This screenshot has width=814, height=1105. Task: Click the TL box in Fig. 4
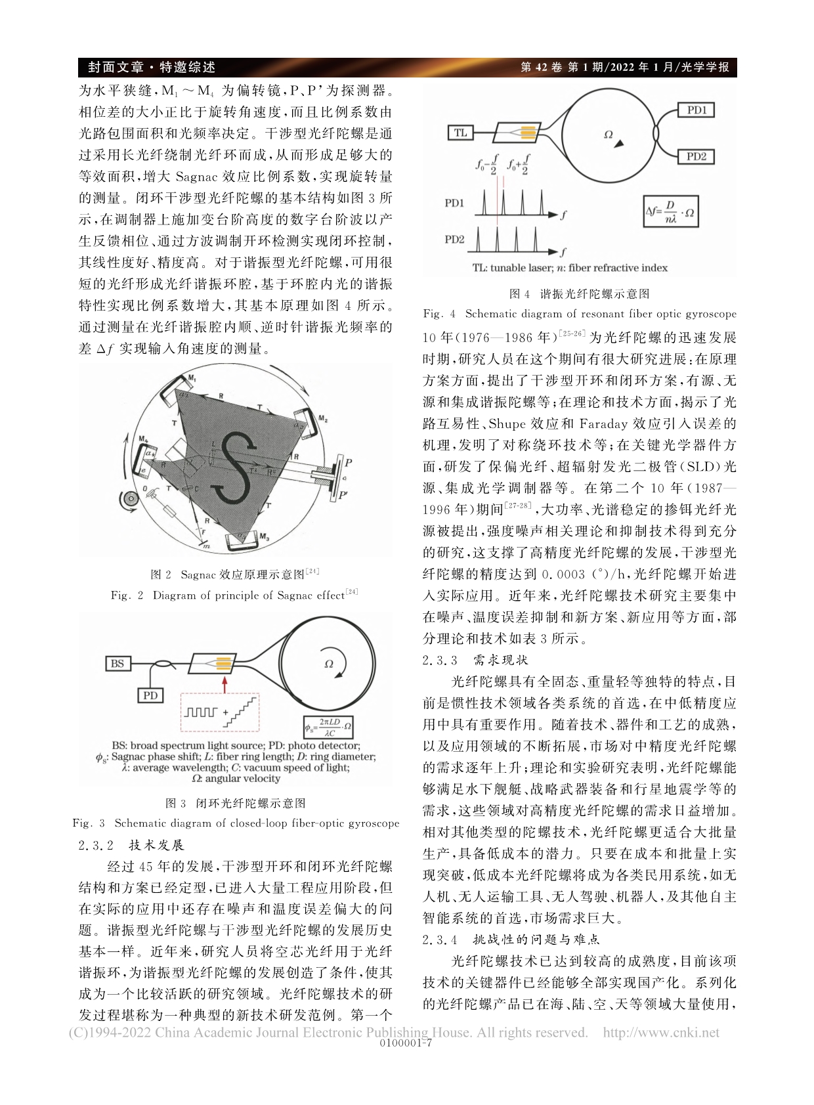point(460,133)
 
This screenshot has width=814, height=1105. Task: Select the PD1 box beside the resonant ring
point(695,110)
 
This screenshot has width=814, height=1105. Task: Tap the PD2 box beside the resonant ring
point(695,156)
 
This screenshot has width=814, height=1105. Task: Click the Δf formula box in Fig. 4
point(670,211)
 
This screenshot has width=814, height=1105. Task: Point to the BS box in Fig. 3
point(118,663)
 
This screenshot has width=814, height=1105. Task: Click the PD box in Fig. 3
point(150,695)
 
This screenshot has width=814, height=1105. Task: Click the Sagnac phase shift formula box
point(329,727)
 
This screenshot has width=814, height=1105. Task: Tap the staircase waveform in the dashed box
point(243,712)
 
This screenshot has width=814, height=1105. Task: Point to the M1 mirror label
point(192,378)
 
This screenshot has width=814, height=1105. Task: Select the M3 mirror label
point(264,536)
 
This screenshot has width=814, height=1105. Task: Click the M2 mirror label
point(322,418)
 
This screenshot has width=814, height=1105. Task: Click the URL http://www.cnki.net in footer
point(660,1032)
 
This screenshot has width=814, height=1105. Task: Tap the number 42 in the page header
point(546,67)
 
